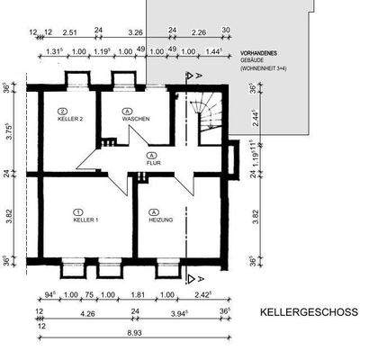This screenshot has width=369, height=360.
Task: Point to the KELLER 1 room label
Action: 85,220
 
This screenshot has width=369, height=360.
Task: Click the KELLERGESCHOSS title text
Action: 309,312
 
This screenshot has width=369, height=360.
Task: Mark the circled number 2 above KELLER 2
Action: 64,109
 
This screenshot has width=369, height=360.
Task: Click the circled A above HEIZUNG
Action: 153,211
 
